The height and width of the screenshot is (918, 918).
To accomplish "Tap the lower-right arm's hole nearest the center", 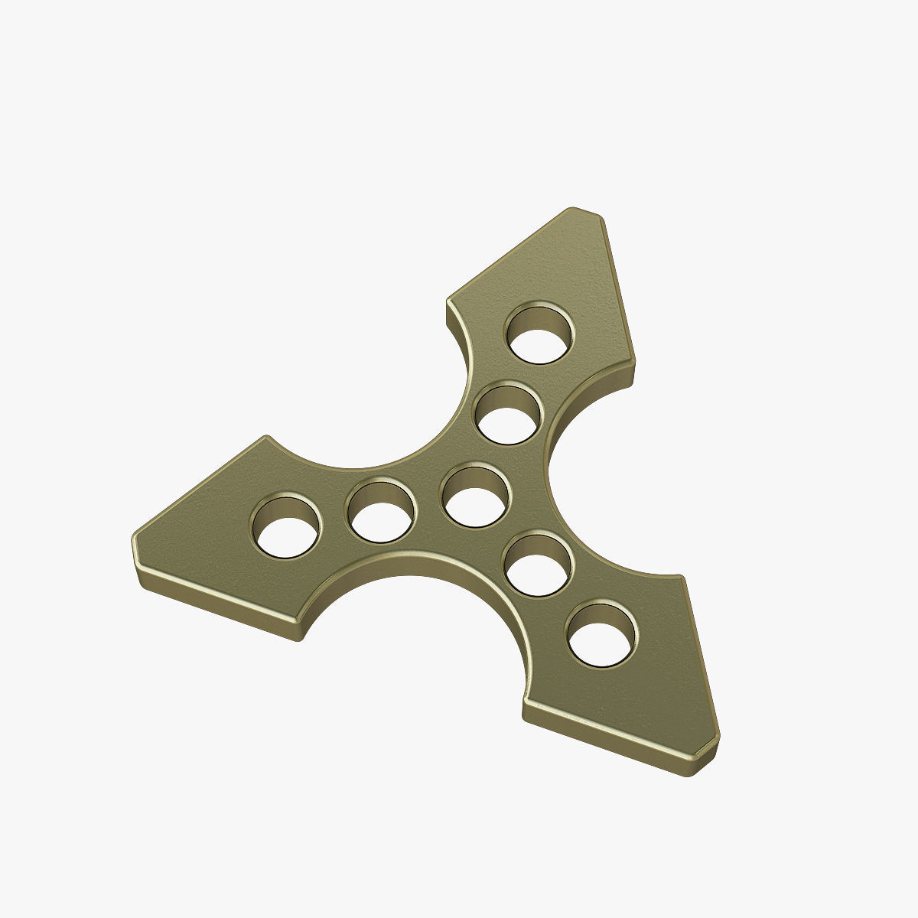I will [540, 567].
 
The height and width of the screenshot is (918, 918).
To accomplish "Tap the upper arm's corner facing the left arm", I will [450, 303].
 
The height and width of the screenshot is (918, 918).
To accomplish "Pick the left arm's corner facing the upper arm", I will [267, 439].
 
